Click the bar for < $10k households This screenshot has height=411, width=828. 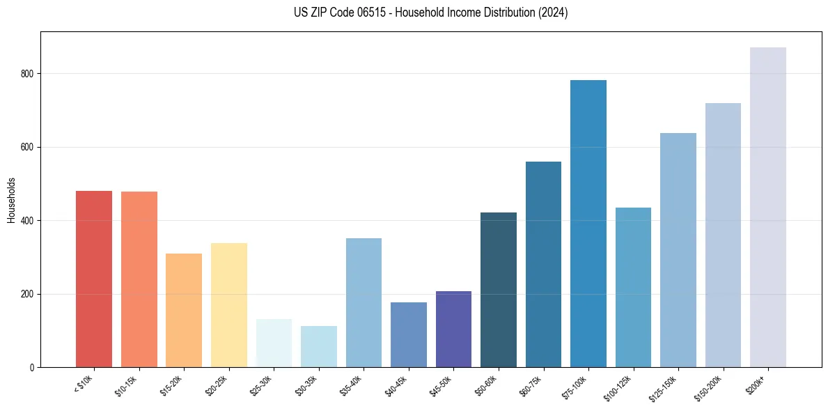[93, 279]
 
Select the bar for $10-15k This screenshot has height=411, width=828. [139, 279]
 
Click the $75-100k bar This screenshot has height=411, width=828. [588, 224]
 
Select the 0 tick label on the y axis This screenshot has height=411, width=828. [31, 367]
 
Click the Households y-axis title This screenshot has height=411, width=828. [11, 199]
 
